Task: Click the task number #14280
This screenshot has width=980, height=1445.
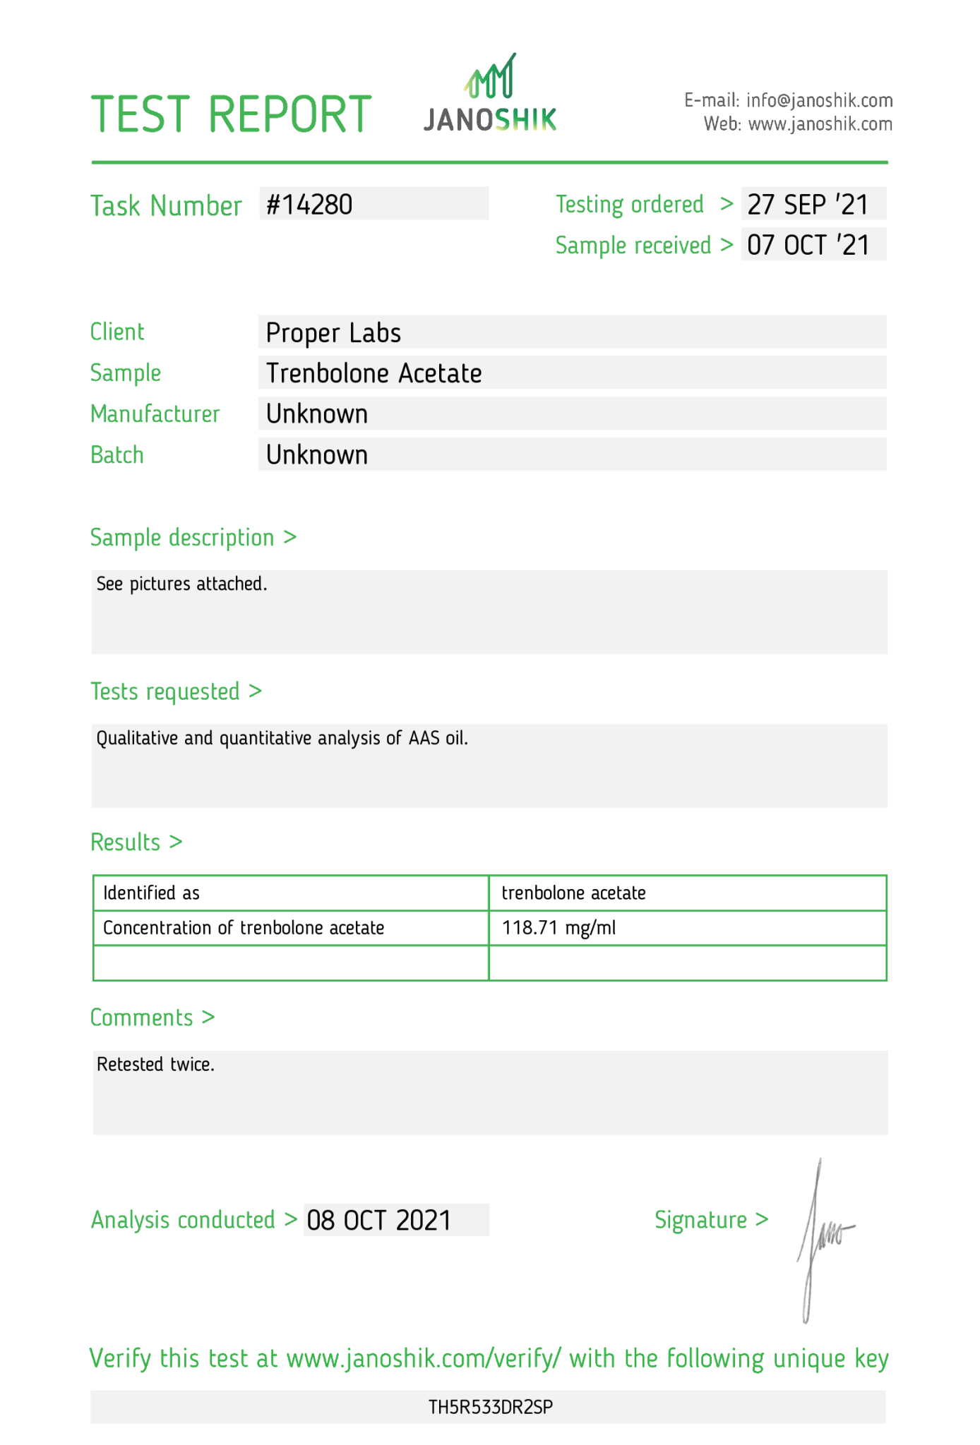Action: pos(309,205)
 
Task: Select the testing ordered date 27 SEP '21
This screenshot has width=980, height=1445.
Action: pos(808,205)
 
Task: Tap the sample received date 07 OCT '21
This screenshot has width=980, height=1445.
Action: pos(808,246)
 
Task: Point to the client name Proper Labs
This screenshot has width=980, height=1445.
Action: pos(333,333)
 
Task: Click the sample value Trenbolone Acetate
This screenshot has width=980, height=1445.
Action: pos(374,373)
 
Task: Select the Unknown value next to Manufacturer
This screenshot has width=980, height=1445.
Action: pos(317,414)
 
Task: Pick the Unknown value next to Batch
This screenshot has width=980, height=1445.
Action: pos(317,455)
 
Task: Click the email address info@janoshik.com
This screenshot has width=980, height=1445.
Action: pos(819,100)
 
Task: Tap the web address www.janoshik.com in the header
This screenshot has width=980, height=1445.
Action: pos(820,124)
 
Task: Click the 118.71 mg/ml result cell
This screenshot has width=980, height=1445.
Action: pos(558,928)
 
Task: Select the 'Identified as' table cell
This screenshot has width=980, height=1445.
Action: pos(152,893)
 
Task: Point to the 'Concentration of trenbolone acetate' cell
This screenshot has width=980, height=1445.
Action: pos(244,928)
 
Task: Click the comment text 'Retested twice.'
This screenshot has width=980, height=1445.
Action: pos(155,1064)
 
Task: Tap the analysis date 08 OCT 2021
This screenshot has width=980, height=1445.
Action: pos(378,1221)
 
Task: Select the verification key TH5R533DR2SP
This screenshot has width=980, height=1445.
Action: pos(490,1408)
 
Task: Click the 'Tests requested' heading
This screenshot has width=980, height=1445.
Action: pos(165,692)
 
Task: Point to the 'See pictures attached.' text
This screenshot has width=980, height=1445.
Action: pos(181,584)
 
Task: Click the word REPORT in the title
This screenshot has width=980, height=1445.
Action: pos(289,114)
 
